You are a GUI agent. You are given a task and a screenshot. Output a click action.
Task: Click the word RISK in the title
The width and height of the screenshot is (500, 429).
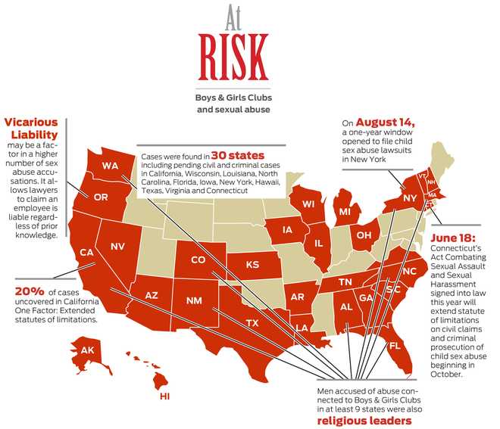[233, 51]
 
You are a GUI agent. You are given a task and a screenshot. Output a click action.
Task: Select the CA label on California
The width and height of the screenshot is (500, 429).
[86, 252]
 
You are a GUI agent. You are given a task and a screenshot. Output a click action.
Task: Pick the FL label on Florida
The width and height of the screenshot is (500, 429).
[395, 346]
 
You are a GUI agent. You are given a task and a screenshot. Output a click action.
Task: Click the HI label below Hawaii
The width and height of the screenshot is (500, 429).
[164, 396]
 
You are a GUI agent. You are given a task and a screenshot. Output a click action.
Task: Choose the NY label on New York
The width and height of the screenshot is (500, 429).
[410, 198]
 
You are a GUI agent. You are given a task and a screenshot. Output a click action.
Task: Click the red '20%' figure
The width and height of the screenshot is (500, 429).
[31, 290]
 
